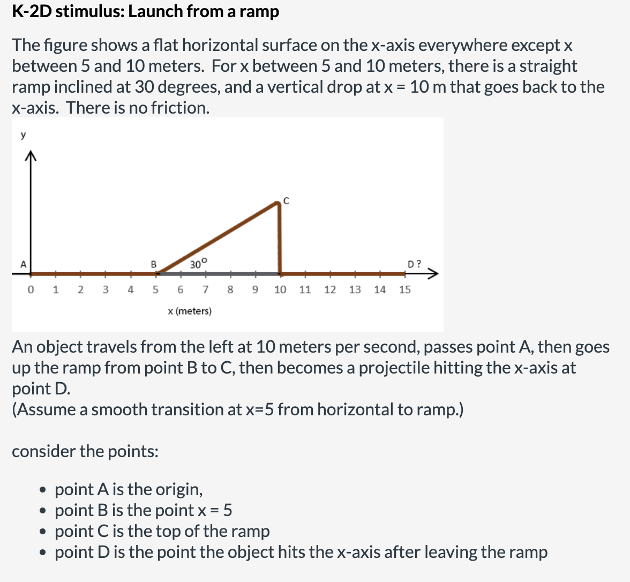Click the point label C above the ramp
pyautogui.click(x=286, y=202)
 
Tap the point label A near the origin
pyautogui.click(x=23, y=264)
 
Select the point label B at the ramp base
pyautogui.click(x=153, y=264)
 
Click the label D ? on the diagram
pyautogui.click(x=414, y=264)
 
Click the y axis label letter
pyautogui.click(x=23, y=135)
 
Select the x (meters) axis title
pyautogui.click(x=190, y=311)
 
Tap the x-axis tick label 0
pyautogui.click(x=30, y=289)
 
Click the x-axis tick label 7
pyautogui.click(x=205, y=289)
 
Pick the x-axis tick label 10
pyautogui.click(x=280, y=289)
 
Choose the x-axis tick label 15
pyautogui.click(x=405, y=289)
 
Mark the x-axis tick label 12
pyautogui.click(x=330, y=289)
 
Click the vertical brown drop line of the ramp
pyautogui.click(x=279, y=238)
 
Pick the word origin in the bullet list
pyautogui.click(x=179, y=489)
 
